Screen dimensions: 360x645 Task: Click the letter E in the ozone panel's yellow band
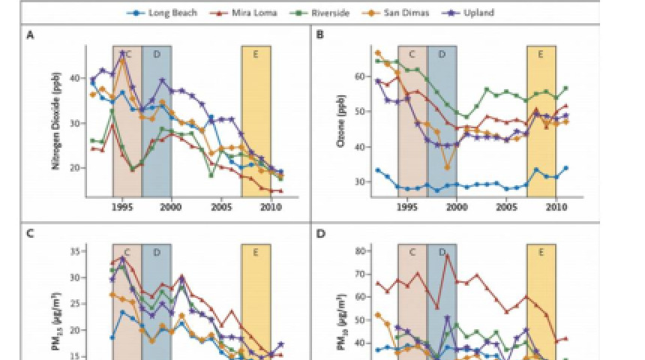tap(540, 55)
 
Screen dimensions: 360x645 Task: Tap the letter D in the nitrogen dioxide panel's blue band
tap(156, 55)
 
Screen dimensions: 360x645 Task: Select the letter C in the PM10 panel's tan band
tap(412, 253)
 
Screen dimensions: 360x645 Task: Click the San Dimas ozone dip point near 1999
tap(448, 166)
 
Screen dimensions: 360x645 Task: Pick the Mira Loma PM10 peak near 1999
tap(448, 255)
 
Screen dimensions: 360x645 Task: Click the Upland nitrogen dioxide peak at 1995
tap(122, 52)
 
